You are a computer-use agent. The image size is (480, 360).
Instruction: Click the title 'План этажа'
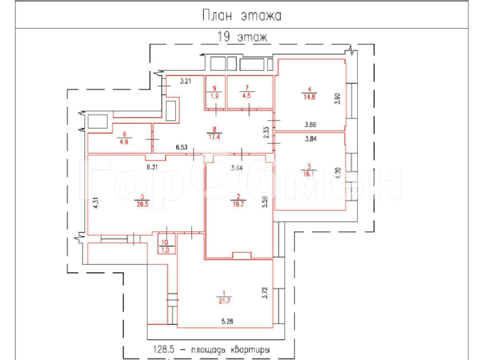242,15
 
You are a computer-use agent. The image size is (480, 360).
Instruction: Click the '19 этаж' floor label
242,37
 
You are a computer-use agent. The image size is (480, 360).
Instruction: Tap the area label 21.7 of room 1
225,301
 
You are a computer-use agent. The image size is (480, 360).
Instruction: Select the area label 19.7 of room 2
238,204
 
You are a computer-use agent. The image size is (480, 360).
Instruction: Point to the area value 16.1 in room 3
308,174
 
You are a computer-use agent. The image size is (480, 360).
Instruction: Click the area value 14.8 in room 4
309,97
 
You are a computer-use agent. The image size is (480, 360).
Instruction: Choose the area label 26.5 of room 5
142,204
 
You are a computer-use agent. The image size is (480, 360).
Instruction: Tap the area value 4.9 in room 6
124,142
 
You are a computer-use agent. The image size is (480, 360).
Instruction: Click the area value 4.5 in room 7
247,96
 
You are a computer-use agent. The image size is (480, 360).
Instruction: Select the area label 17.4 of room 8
214,137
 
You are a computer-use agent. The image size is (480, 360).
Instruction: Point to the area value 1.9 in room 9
215,96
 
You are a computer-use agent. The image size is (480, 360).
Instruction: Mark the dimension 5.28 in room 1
227,322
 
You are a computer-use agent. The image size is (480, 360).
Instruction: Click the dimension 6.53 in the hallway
181,147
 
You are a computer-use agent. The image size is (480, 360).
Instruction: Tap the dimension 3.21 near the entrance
186,81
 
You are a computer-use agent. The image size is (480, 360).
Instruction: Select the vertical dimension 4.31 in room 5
96,203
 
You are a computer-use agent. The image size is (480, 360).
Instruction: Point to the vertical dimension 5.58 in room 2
265,202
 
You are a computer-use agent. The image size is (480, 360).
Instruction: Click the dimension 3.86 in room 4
310,125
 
